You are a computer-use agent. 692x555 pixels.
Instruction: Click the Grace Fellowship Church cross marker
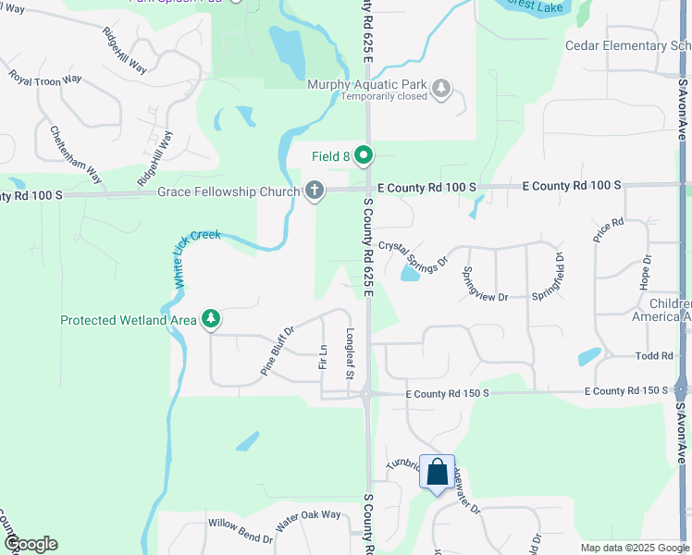pos(315,191)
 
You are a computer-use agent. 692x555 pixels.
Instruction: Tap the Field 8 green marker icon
pos(365,156)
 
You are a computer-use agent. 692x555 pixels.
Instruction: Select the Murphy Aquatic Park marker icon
pos(442,88)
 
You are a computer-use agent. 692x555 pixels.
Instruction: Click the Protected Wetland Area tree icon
pos(212,319)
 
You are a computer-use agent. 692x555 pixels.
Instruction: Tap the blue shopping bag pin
pos(437,472)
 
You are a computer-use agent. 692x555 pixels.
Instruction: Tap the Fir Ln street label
pos(323,356)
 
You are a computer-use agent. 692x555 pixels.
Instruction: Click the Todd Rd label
pos(653,356)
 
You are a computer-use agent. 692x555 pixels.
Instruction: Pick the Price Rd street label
pos(610,229)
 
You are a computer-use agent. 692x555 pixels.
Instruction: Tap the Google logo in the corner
pos(31,544)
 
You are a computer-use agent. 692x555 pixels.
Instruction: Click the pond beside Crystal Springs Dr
pos(410,274)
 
